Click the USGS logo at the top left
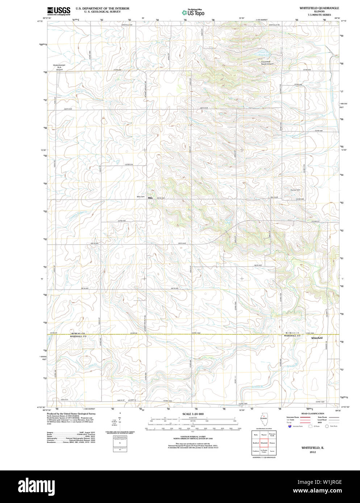tap(58, 10)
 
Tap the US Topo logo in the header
tap(193, 12)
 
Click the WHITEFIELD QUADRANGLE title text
tap(319, 8)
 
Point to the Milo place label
tap(150, 198)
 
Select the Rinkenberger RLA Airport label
tap(59, 67)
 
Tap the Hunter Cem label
tap(295, 190)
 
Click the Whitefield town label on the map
tap(317, 338)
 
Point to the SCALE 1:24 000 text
tap(193, 414)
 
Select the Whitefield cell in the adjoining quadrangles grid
tap(264, 443)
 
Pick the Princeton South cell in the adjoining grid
tap(272, 435)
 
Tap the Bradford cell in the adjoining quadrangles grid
tap(256, 443)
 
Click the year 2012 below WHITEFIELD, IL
tap(312, 452)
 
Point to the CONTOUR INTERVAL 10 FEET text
tap(193, 437)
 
